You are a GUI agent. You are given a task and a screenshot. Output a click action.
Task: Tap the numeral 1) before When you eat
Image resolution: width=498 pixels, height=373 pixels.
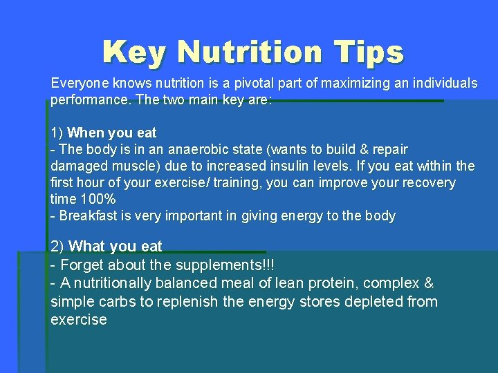coord(57,133)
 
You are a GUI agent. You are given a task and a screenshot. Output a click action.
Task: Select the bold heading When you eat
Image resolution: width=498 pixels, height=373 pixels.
coord(113,133)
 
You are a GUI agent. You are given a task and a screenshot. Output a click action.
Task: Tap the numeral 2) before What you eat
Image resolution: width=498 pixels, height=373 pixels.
coord(58,247)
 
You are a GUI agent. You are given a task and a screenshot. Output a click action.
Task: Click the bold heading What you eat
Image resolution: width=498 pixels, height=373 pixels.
coord(116,247)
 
